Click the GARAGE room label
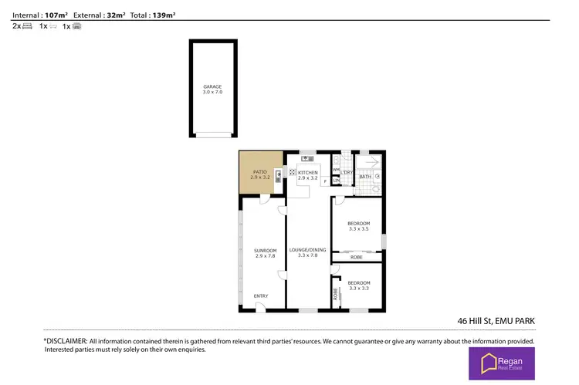pos(212,86)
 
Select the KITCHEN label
pos(308,172)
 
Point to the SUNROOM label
pos(265,250)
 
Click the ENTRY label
pos(262,296)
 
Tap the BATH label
pos(365,177)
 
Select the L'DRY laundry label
pos(347,172)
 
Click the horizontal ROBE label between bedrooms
pos(356,257)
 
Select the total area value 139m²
pos(162,15)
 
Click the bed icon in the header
pos(27,26)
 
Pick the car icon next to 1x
pos(76,26)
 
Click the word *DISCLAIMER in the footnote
pos(65,340)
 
